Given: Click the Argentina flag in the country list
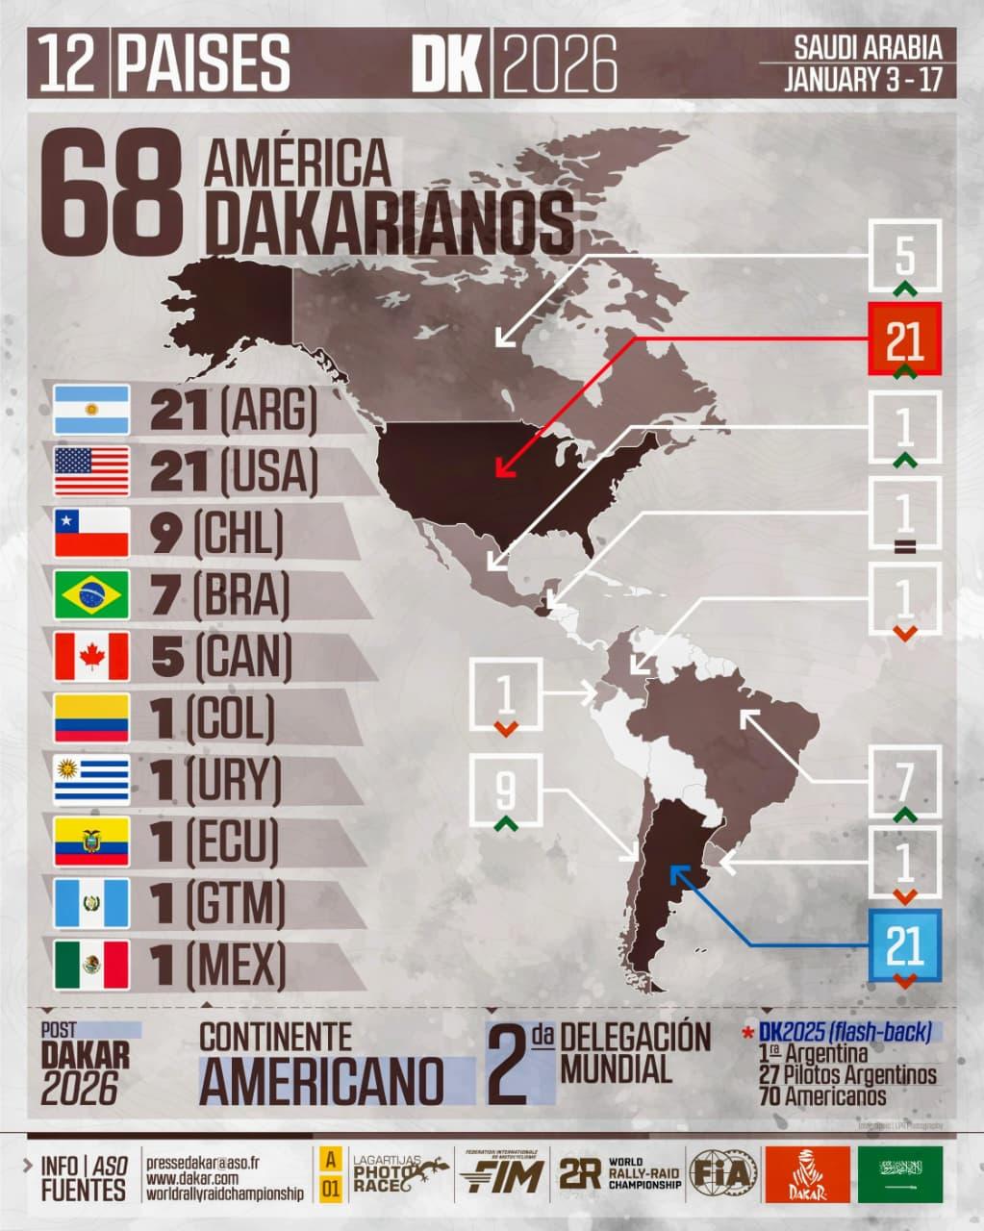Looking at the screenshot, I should [x=91, y=410].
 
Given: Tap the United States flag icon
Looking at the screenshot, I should [x=91, y=471].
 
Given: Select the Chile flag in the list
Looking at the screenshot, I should [x=91, y=533].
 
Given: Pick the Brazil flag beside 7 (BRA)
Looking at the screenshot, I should [x=91, y=594].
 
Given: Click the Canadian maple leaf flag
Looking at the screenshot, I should [x=91, y=656].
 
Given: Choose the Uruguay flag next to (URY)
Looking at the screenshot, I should [x=91, y=779].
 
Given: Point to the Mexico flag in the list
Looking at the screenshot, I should [x=91, y=964].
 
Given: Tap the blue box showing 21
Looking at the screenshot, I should [x=904, y=946].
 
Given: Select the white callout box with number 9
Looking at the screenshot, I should [x=506, y=791].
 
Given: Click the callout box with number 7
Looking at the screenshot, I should [x=904, y=784].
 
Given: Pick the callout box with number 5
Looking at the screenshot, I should [x=904, y=256].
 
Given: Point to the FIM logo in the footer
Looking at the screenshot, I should [x=499, y=1173].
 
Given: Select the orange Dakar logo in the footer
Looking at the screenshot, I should [x=806, y=1174].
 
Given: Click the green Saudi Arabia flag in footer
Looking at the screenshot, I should [x=900, y=1174].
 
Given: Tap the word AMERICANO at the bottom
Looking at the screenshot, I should [x=322, y=1080].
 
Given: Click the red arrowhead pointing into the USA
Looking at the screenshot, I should [x=499, y=470].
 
